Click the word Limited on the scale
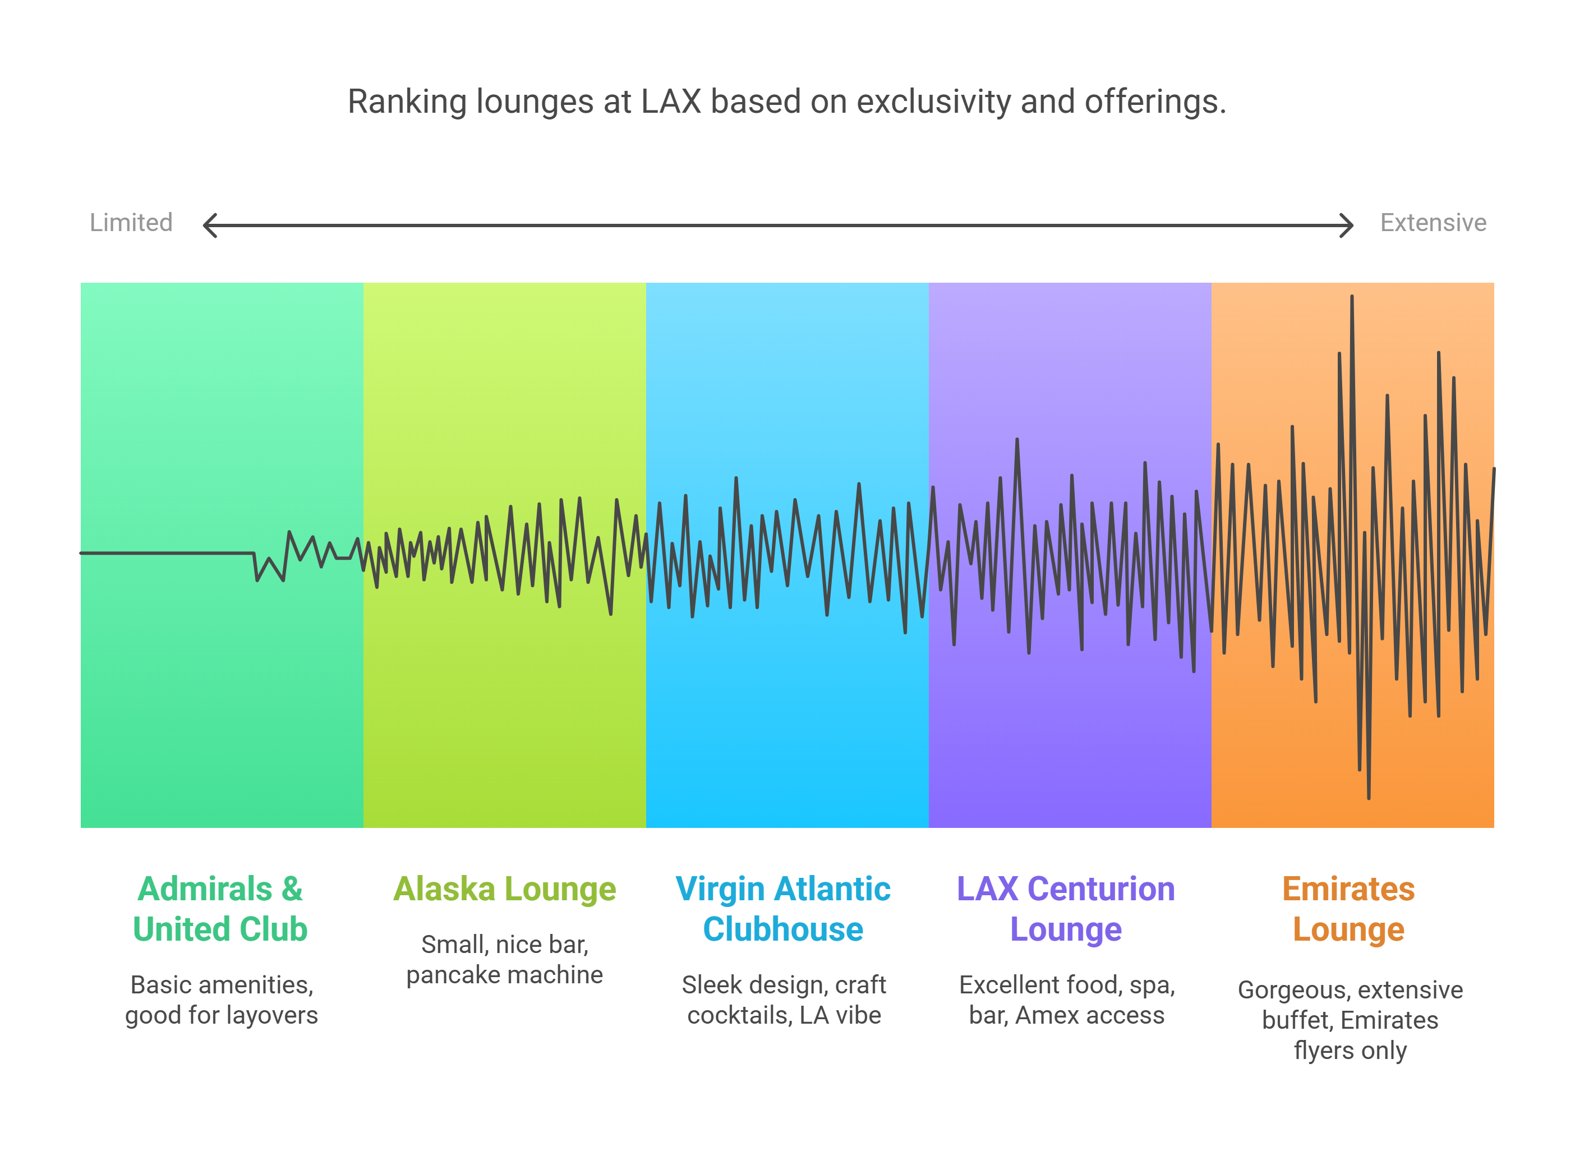coord(131,223)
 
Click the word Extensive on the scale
coord(1433,223)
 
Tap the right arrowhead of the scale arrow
coord(1347,225)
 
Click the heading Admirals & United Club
coord(220,909)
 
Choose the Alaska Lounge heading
coord(504,889)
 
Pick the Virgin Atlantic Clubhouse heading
coord(783,909)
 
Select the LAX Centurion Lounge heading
coord(1066,909)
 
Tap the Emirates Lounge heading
coord(1348,909)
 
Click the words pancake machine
coord(504,975)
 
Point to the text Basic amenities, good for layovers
coord(222,1000)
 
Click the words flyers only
coord(1350,1050)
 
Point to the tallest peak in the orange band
coord(1351,297)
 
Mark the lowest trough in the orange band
coord(1368,797)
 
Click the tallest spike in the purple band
coord(1017,440)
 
